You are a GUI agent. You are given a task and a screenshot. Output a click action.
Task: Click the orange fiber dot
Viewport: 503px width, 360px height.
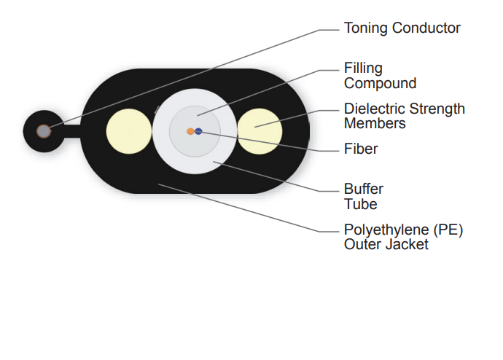tap(190, 131)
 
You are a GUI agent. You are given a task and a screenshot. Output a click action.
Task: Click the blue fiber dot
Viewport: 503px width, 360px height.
tap(198, 131)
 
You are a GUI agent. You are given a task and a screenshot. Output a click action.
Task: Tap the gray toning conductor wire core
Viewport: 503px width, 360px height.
tap(43, 131)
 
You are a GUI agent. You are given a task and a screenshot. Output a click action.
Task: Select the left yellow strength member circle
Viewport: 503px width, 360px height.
tap(129, 131)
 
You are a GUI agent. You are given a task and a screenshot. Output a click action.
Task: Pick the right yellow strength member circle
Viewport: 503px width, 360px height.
tap(260, 131)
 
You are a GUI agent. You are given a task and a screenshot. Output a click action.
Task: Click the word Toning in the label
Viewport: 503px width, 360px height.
tap(366, 28)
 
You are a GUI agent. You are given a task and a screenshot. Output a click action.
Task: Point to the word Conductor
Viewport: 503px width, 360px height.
tap(426, 28)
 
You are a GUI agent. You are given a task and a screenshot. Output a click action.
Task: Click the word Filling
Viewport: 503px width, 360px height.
tap(363, 69)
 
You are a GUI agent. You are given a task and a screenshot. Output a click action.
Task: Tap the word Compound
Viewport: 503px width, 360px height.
tap(380, 84)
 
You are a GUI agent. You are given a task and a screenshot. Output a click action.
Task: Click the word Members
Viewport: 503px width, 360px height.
tap(375, 123)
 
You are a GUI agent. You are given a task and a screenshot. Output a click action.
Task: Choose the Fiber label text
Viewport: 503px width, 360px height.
tap(361, 149)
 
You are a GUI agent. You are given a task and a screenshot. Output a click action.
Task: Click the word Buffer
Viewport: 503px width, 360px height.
tap(364, 189)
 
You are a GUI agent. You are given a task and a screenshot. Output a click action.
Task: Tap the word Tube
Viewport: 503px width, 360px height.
tap(361, 204)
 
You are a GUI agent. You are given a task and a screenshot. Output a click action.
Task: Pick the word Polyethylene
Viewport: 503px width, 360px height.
tap(386, 230)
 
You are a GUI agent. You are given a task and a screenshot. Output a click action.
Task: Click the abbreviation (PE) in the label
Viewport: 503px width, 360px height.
tap(448, 230)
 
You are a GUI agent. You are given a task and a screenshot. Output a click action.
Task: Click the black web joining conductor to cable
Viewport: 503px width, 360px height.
tap(72, 131)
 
